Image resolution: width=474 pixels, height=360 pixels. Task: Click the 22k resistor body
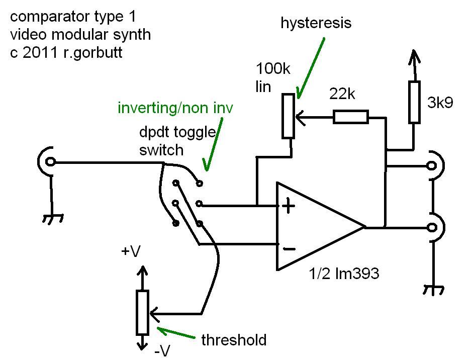tap(350, 117)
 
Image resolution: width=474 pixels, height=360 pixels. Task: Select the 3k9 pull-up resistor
tap(414, 102)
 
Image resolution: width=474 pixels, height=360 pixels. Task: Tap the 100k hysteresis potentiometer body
tap(288, 116)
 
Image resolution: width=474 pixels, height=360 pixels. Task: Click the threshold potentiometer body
tap(143, 312)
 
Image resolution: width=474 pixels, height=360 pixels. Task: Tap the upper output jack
tap(431, 165)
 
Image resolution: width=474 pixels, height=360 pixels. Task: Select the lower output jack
tap(431, 227)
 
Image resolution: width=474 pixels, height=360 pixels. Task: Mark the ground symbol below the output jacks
tap(432, 290)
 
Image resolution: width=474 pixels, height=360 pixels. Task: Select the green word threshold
tap(234, 340)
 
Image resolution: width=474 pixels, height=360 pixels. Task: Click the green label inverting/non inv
tap(175, 108)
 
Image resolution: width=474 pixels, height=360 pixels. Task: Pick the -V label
tap(162, 350)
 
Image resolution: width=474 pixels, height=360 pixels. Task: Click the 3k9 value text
tap(440, 103)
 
